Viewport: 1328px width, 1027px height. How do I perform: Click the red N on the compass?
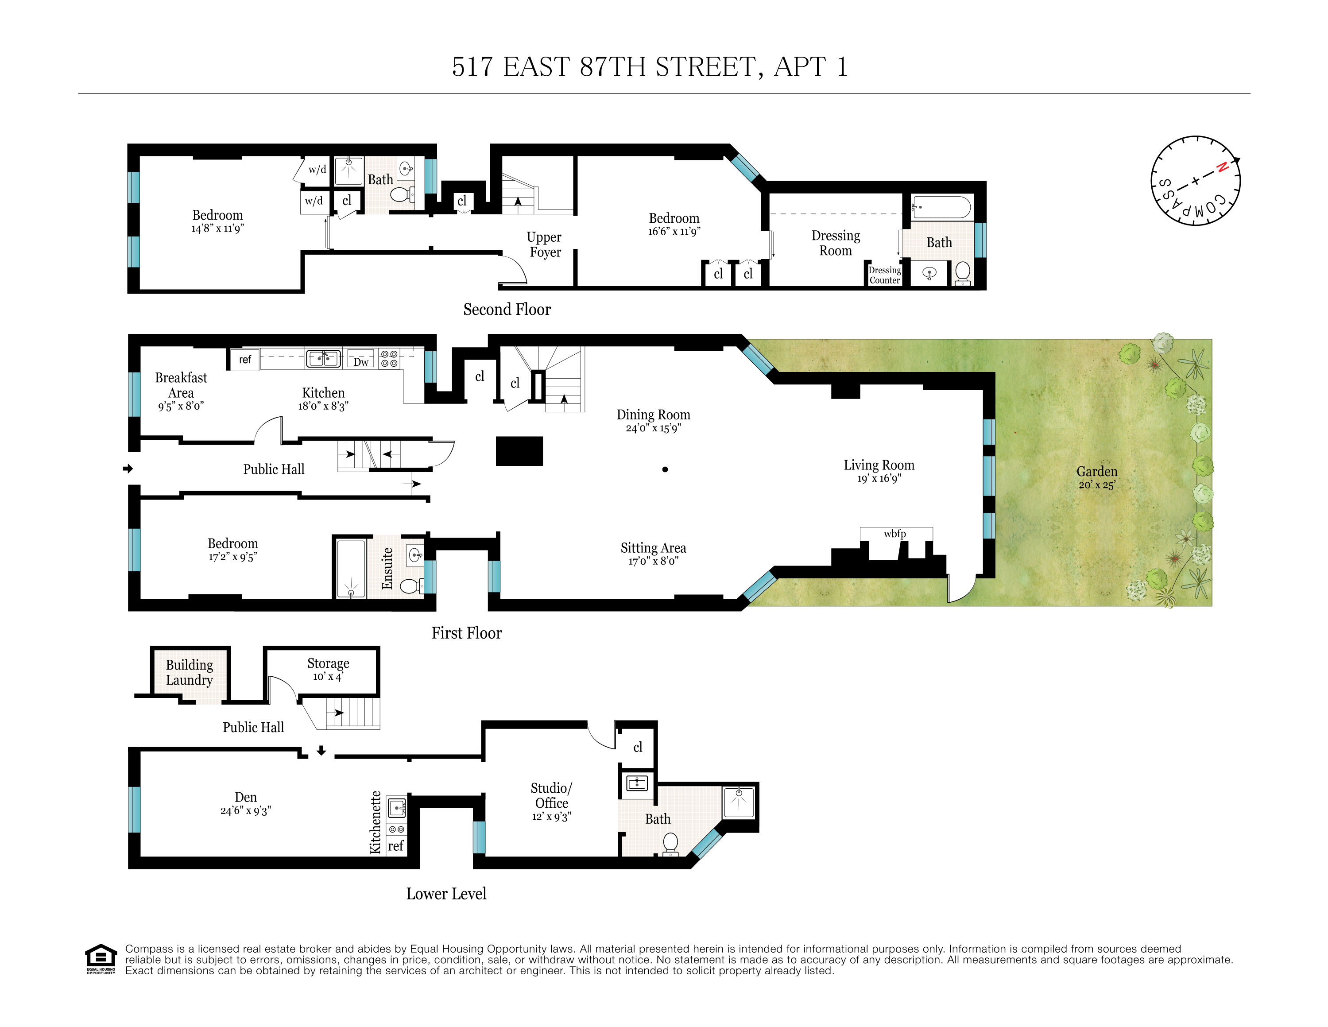click(1222, 167)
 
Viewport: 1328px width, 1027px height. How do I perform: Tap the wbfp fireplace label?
click(894, 534)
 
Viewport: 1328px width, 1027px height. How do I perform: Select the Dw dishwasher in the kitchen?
click(361, 361)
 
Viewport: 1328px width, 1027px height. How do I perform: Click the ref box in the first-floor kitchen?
click(244, 359)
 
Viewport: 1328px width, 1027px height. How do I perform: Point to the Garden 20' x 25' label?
click(1097, 477)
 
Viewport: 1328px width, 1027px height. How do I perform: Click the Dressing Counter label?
click(884, 275)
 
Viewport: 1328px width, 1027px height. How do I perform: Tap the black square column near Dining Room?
click(519, 451)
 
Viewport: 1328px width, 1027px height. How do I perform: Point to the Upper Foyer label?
click(544, 244)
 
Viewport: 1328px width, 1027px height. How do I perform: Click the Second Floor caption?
click(507, 310)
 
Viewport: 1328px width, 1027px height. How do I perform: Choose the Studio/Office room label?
click(551, 795)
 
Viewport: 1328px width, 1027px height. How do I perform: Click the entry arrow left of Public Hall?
click(128, 468)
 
